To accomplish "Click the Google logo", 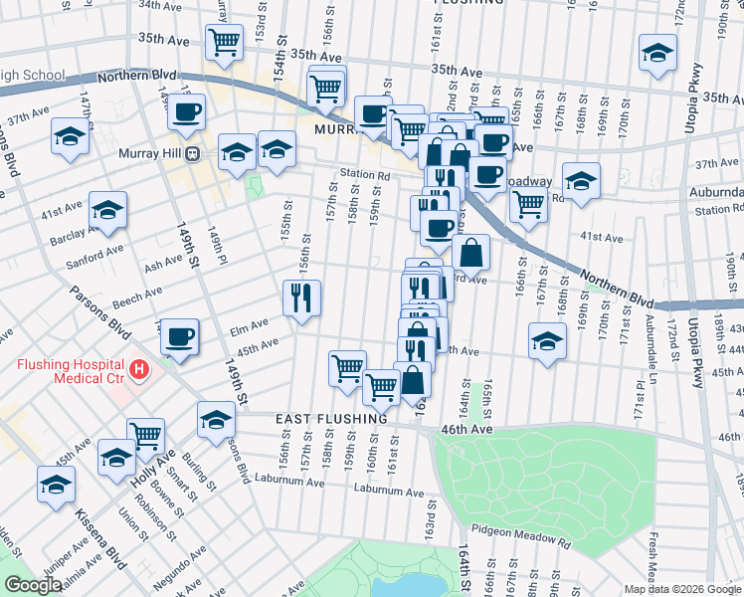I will (x=33, y=586).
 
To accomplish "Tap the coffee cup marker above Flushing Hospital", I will (x=179, y=336).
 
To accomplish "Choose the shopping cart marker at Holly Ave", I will (x=145, y=434).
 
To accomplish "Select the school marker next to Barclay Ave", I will (x=107, y=210).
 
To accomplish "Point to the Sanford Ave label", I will (x=94, y=255).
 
